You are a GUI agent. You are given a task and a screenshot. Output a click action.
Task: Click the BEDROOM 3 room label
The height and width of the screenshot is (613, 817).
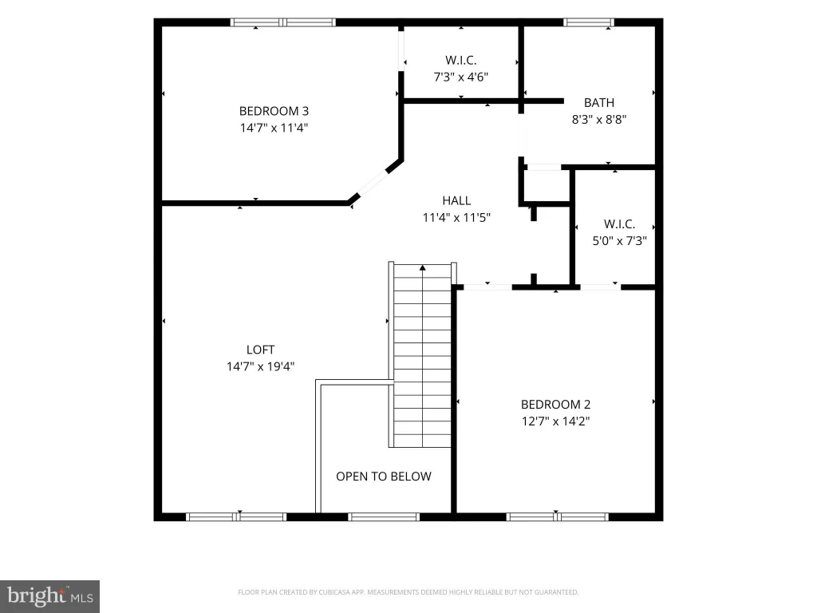[274, 111]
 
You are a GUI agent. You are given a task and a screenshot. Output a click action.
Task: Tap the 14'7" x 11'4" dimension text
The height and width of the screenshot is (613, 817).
[274, 128]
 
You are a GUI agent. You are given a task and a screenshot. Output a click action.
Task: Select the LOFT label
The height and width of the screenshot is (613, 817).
[261, 350]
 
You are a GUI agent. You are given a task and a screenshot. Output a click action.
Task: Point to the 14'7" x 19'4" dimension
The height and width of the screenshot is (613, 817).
[261, 366]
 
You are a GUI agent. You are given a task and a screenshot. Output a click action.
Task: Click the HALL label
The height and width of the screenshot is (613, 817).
[456, 200]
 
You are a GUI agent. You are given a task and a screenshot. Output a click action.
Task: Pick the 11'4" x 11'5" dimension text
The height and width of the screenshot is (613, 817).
[456, 217]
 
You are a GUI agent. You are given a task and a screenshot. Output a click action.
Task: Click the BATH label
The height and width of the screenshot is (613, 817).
[599, 103]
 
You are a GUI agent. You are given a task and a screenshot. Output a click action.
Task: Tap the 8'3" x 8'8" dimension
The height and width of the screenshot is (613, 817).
[599, 120]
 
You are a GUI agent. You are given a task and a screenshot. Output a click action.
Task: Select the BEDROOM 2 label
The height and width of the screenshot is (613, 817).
[555, 405]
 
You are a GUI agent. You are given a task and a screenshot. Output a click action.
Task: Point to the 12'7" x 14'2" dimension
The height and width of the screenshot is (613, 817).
[555, 421]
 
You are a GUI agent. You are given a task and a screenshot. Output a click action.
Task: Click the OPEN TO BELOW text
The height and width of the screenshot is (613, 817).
[384, 477]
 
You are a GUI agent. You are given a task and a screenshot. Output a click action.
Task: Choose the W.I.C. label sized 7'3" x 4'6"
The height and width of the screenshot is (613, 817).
[460, 60]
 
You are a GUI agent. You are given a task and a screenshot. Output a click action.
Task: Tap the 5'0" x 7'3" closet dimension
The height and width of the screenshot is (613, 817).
[619, 241]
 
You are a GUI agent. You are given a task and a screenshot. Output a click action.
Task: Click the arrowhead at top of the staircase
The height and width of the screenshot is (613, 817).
[423, 268]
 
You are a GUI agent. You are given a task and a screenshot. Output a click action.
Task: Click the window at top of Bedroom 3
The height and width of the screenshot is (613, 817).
[283, 22]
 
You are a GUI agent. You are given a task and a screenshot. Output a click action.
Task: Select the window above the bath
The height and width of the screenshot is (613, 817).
[588, 22]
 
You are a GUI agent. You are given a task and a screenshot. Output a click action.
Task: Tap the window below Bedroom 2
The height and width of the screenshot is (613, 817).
[557, 517]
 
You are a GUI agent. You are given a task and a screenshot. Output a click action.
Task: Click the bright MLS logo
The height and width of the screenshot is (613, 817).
[49, 597]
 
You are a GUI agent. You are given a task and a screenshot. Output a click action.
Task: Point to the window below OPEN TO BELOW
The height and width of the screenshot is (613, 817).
[384, 517]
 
